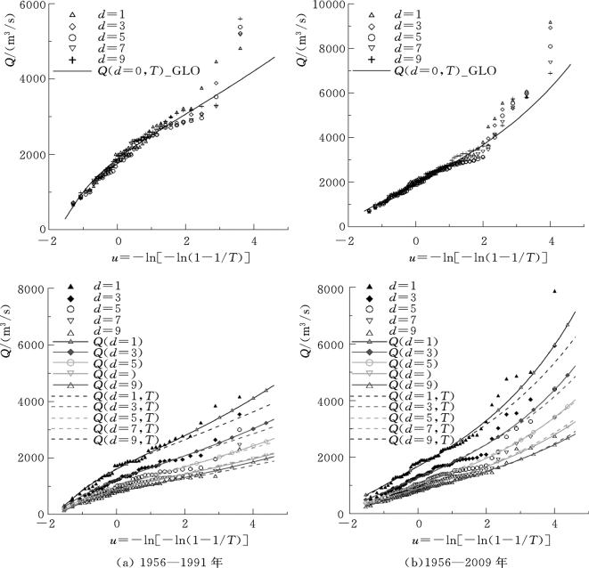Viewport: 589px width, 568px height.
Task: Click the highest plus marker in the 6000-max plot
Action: (240, 19)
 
